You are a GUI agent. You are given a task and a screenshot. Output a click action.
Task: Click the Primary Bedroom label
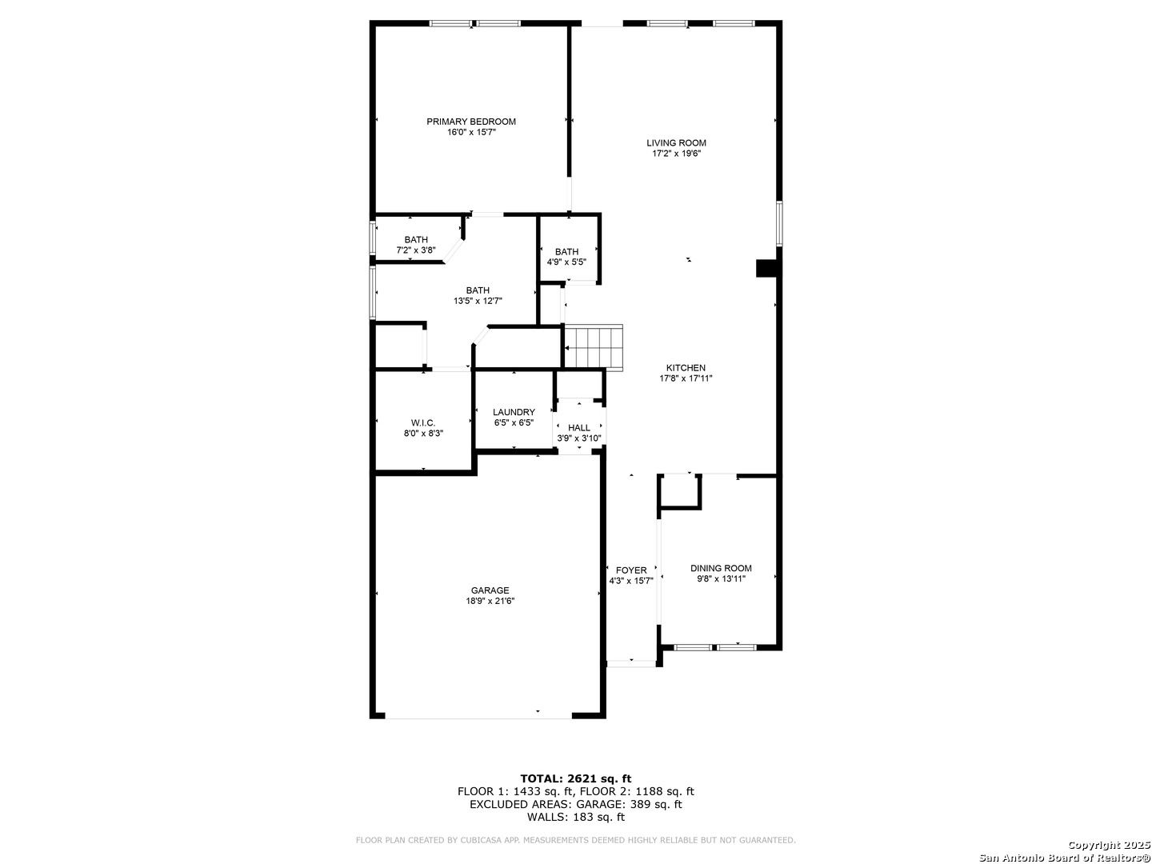click(x=470, y=122)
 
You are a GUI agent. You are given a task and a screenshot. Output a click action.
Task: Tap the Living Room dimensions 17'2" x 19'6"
click(x=676, y=154)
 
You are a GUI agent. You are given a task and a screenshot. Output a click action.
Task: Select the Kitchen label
click(x=686, y=368)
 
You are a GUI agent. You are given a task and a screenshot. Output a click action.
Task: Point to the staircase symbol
click(x=594, y=348)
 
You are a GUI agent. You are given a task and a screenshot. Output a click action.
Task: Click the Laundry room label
click(x=514, y=412)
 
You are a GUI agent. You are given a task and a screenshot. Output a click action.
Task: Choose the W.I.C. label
click(x=423, y=423)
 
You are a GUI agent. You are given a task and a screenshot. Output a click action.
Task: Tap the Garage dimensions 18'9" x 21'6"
click(x=490, y=601)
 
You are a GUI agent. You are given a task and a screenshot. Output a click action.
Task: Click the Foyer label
click(x=631, y=570)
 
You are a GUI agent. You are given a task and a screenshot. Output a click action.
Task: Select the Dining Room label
click(x=721, y=568)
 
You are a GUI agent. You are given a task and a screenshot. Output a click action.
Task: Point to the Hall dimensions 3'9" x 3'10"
click(x=579, y=438)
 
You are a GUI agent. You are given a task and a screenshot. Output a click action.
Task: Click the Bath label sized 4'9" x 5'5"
click(x=567, y=251)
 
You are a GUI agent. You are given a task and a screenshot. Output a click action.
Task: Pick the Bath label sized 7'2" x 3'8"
click(x=416, y=240)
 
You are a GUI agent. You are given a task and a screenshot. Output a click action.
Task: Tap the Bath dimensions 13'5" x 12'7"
click(x=478, y=301)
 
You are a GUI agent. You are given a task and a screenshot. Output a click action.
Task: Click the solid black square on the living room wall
click(x=766, y=268)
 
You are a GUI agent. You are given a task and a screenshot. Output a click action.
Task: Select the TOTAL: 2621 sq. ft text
click(x=576, y=778)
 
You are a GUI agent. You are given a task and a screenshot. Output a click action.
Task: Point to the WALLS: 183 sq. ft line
click(x=576, y=817)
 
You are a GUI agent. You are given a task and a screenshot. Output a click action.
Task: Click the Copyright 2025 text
click(x=1107, y=845)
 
